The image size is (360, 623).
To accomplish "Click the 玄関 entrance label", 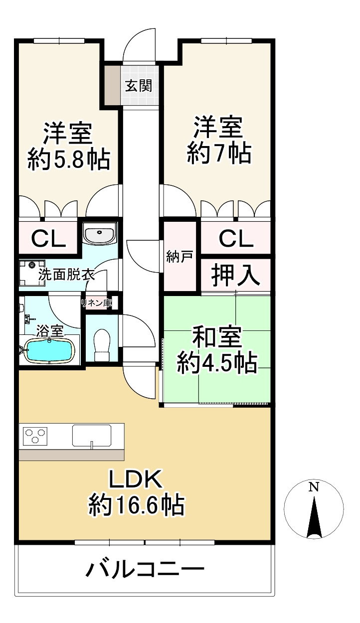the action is [x=139, y=85].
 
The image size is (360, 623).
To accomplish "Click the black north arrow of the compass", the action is [x=314, y=516].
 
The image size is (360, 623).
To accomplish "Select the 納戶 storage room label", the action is [x=180, y=257].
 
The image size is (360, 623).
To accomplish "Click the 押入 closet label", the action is [x=236, y=275].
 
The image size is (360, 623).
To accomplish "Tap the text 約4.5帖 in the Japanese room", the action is [x=217, y=362].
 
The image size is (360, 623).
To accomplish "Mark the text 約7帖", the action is [x=219, y=153].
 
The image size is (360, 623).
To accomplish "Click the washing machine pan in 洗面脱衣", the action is [x=32, y=273].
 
